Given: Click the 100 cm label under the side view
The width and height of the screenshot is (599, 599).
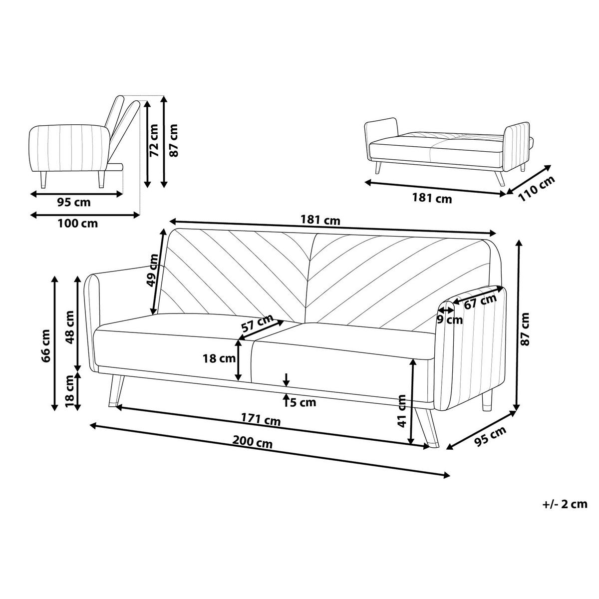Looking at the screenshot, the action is (78, 223).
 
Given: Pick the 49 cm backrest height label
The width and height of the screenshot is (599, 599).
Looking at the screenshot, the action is (153, 270).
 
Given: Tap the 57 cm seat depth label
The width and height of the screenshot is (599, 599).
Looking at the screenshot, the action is (258, 322).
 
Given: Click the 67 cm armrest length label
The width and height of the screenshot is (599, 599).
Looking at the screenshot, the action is (481, 301).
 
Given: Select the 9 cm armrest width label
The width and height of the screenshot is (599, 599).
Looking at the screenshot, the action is (450, 319).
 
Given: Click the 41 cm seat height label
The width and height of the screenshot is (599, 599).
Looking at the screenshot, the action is (402, 411).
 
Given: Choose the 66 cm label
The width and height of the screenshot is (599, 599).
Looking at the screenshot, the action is (46, 345).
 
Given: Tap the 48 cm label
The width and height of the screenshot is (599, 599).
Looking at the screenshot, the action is (70, 327).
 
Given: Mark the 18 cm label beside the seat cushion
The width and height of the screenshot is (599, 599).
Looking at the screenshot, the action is (219, 358).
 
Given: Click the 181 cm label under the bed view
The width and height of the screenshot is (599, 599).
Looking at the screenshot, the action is (432, 198).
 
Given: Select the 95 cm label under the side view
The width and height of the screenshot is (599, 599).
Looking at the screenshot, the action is (74, 202).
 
